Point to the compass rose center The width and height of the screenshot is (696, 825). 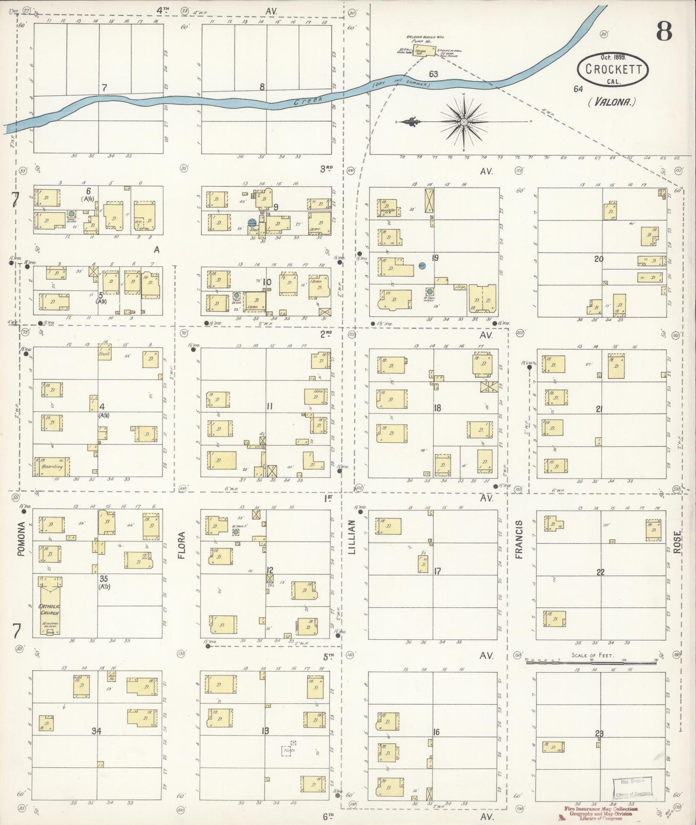(x=463, y=122)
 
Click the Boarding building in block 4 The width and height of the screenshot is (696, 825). (x=52, y=466)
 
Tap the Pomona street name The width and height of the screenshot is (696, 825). (x=20, y=539)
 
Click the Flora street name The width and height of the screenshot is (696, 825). (x=182, y=547)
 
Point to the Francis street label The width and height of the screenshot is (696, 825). (x=519, y=539)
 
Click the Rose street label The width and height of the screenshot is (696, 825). (x=677, y=542)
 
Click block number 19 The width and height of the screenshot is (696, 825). (x=435, y=258)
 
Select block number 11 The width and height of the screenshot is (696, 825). (x=269, y=407)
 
